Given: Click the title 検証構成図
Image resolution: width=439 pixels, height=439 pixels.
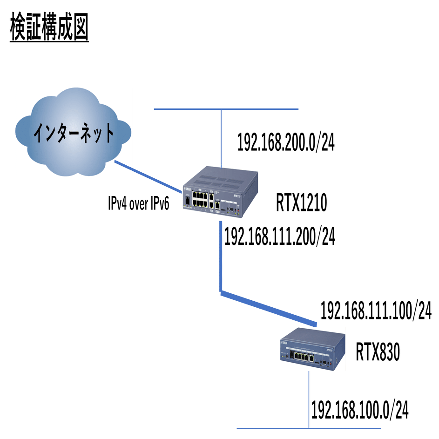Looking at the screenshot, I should pos(49,30).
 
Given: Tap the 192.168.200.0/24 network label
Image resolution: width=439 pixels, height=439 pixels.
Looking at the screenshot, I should pos(286,142).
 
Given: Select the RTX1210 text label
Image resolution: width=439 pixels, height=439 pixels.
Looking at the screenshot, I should pos(302,203).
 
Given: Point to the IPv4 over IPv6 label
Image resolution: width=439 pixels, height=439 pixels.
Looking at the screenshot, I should pos(138,203).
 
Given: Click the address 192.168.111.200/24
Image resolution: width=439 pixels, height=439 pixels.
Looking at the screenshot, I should pos(279,236).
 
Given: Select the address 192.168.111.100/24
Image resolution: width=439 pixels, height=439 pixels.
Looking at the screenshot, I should pos(376,311).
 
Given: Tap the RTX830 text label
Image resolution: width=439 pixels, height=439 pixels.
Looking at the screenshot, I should pos(378,352).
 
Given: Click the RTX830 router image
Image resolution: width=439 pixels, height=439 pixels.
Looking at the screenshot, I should pos(312,349).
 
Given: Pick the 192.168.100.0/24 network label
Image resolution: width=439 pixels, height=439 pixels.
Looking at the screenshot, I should pos(359,410).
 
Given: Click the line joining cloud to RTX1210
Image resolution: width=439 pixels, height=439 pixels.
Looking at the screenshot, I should pos(147,176).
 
